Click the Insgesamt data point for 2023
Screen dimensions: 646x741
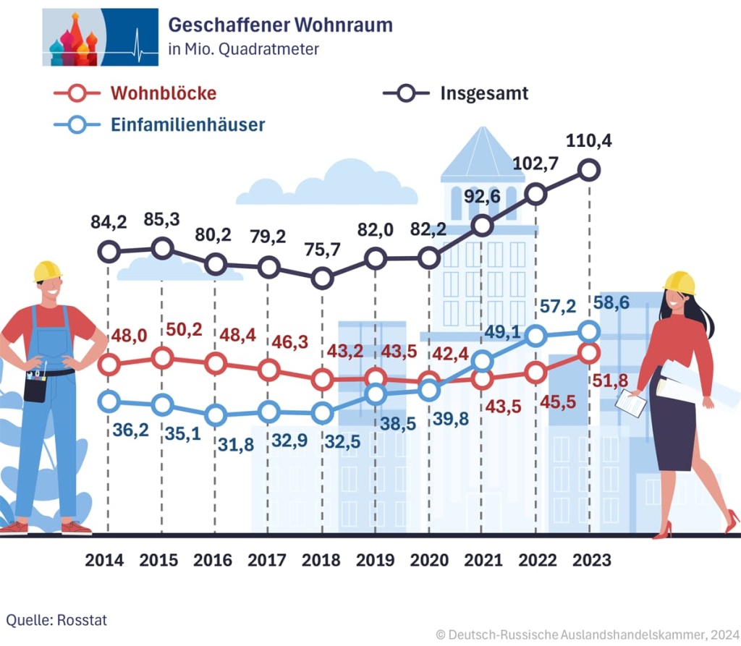point(590,171)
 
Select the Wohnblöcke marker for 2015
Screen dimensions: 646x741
point(163,357)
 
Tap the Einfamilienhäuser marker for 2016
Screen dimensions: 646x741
point(216,415)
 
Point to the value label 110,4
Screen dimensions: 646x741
point(590,141)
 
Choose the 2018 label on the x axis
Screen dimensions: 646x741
point(321,560)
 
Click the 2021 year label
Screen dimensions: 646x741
point(483,560)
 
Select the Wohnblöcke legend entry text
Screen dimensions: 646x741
point(164,93)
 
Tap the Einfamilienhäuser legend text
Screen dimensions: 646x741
point(187,124)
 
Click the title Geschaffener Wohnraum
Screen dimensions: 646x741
point(280,25)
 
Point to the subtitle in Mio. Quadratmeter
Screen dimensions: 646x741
point(243,50)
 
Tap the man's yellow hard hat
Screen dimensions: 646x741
point(48,271)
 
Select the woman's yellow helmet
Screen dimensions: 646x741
point(680,281)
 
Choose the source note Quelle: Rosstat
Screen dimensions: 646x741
point(56,619)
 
